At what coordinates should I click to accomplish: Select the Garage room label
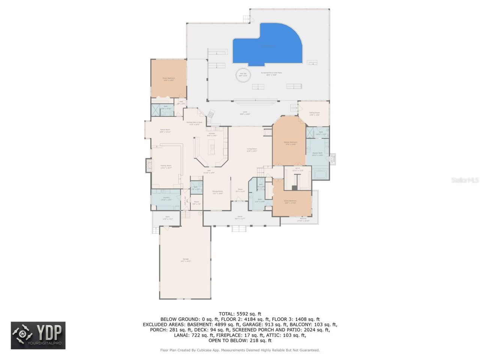pyautogui.click(x=186, y=259)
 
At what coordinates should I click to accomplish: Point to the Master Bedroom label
pyautogui.click(x=291, y=143)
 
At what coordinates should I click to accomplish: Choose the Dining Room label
pyautogui.click(x=217, y=192)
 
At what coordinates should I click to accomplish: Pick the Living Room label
pyautogui.click(x=252, y=150)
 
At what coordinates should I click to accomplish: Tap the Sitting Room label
pyautogui.click(x=314, y=113)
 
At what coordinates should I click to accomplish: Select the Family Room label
pyautogui.click(x=166, y=166)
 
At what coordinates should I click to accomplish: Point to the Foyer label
pyautogui.click(x=240, y=190)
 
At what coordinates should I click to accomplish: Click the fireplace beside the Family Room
pyautogui.click(x=149, y=165)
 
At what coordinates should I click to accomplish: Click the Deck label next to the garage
pyautogui.click(x=167, y=218)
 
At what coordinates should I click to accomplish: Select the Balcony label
pyautogui.click(x=303, y=219)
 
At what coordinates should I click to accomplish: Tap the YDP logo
pyautogui.click(x=38, y=335)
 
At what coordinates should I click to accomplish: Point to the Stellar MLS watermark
pyautogui.click(x=465, y=180)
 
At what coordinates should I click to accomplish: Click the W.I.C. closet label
pyautogui.click(x=297, y=169)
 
